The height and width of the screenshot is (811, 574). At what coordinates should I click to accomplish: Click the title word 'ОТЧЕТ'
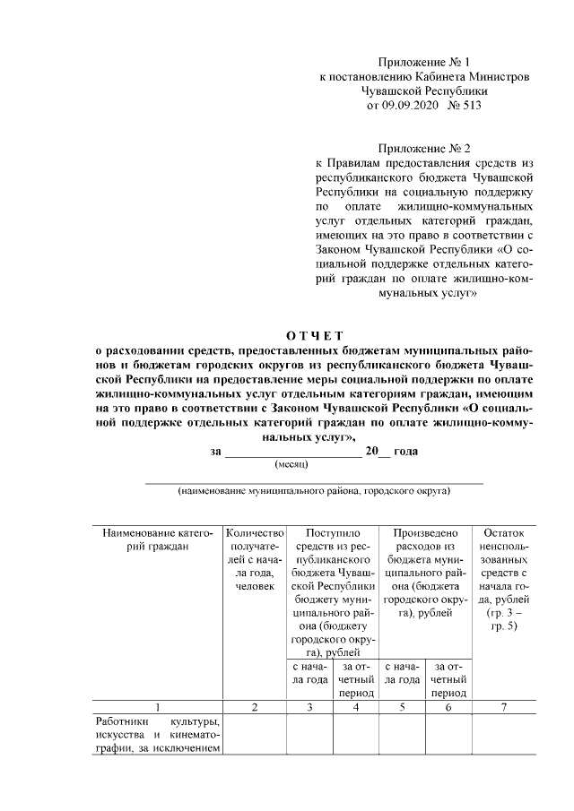[x=309, y=336]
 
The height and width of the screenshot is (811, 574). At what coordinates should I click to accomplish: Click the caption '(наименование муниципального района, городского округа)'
[x=313, y=491]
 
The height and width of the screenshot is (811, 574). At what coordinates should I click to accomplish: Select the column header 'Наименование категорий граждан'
[x=156, y=540]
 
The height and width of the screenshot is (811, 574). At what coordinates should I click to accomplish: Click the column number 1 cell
[x=156, y=708]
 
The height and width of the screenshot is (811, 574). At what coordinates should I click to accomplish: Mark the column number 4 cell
[x=356, y=708]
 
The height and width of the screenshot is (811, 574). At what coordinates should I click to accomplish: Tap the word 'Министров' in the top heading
[x=499, y=77]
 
